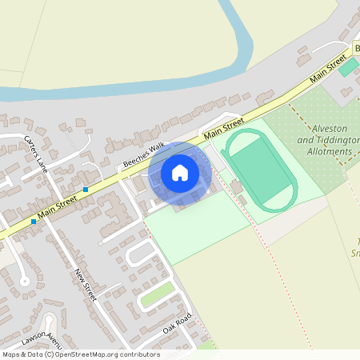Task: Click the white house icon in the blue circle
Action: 180,172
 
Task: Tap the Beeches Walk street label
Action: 143,154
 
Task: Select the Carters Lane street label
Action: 36,153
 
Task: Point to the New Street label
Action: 85,285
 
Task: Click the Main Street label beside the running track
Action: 223,129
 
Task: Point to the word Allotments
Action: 330,150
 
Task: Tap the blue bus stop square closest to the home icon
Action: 86,189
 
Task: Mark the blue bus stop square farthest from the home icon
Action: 34,221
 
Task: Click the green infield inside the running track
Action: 261,168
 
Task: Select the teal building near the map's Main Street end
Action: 348,66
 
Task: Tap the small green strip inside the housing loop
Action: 158,294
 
